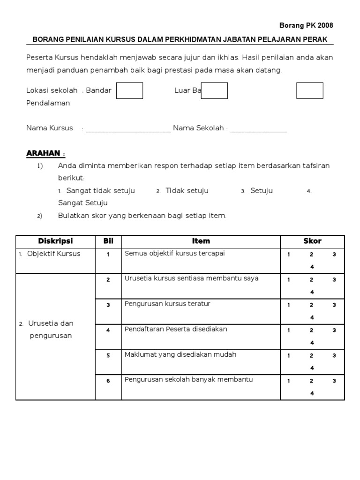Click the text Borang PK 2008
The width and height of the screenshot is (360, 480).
(x=307, y=25)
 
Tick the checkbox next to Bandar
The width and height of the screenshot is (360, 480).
(x=129, y=91)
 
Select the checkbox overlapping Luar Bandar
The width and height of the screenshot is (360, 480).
(x=214, y=91)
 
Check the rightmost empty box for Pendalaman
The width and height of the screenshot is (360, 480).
(x=309, y=91)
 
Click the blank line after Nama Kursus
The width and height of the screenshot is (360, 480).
(x=128, y=129)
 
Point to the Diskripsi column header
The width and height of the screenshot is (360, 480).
(x=55, y=241)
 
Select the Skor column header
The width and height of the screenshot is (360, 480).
(x=312, y=241)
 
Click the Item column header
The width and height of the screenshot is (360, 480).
(x=201, y=241)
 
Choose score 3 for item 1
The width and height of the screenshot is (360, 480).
(x=334, y=255)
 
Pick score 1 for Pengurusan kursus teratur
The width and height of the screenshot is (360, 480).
(x=289, y=305)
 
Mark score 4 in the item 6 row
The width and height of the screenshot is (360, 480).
(x=312, y=393)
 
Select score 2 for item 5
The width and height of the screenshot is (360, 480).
(x=311, y=356)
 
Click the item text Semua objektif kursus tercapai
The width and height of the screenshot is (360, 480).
(x=175, y=254)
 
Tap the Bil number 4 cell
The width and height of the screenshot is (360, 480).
(x=108, y=330)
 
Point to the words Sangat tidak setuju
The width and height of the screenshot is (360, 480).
(x=100, y=191)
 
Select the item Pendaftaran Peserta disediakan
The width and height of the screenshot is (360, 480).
(x=176, y=329)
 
